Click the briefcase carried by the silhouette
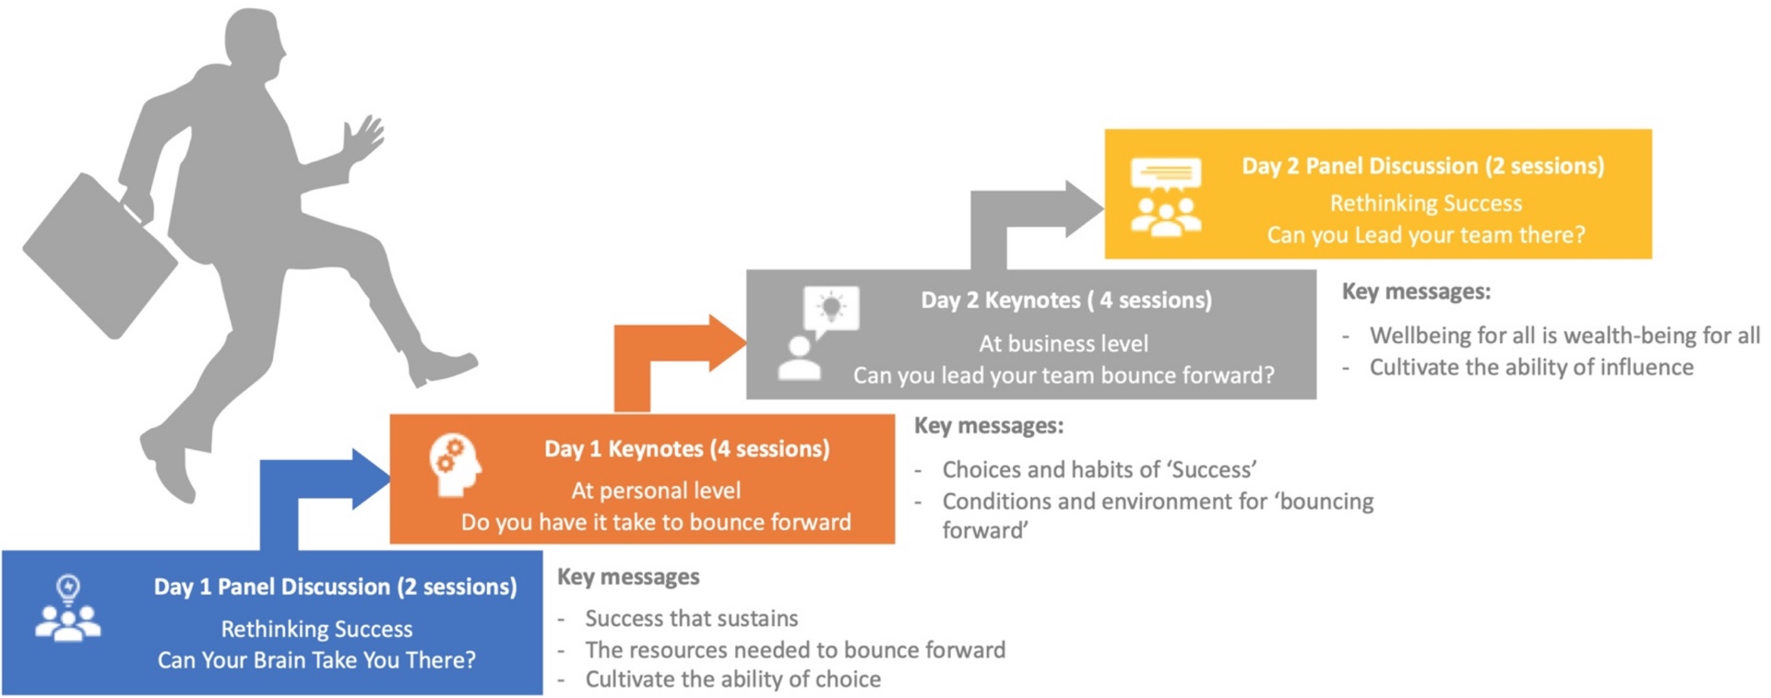(101, 254)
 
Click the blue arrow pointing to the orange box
(314, 489)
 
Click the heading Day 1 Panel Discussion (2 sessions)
(335, 586)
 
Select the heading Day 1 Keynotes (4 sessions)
(686, 449)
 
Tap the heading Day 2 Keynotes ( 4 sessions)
(1066, 300)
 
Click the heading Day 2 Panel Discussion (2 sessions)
(1422, 166)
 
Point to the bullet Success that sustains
(692, 618)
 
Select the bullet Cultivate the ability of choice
(733, 680)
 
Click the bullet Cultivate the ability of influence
(1531, 367)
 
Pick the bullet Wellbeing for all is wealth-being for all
(1564, 335)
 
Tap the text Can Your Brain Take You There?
(316, 660)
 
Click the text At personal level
(656, 491)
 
